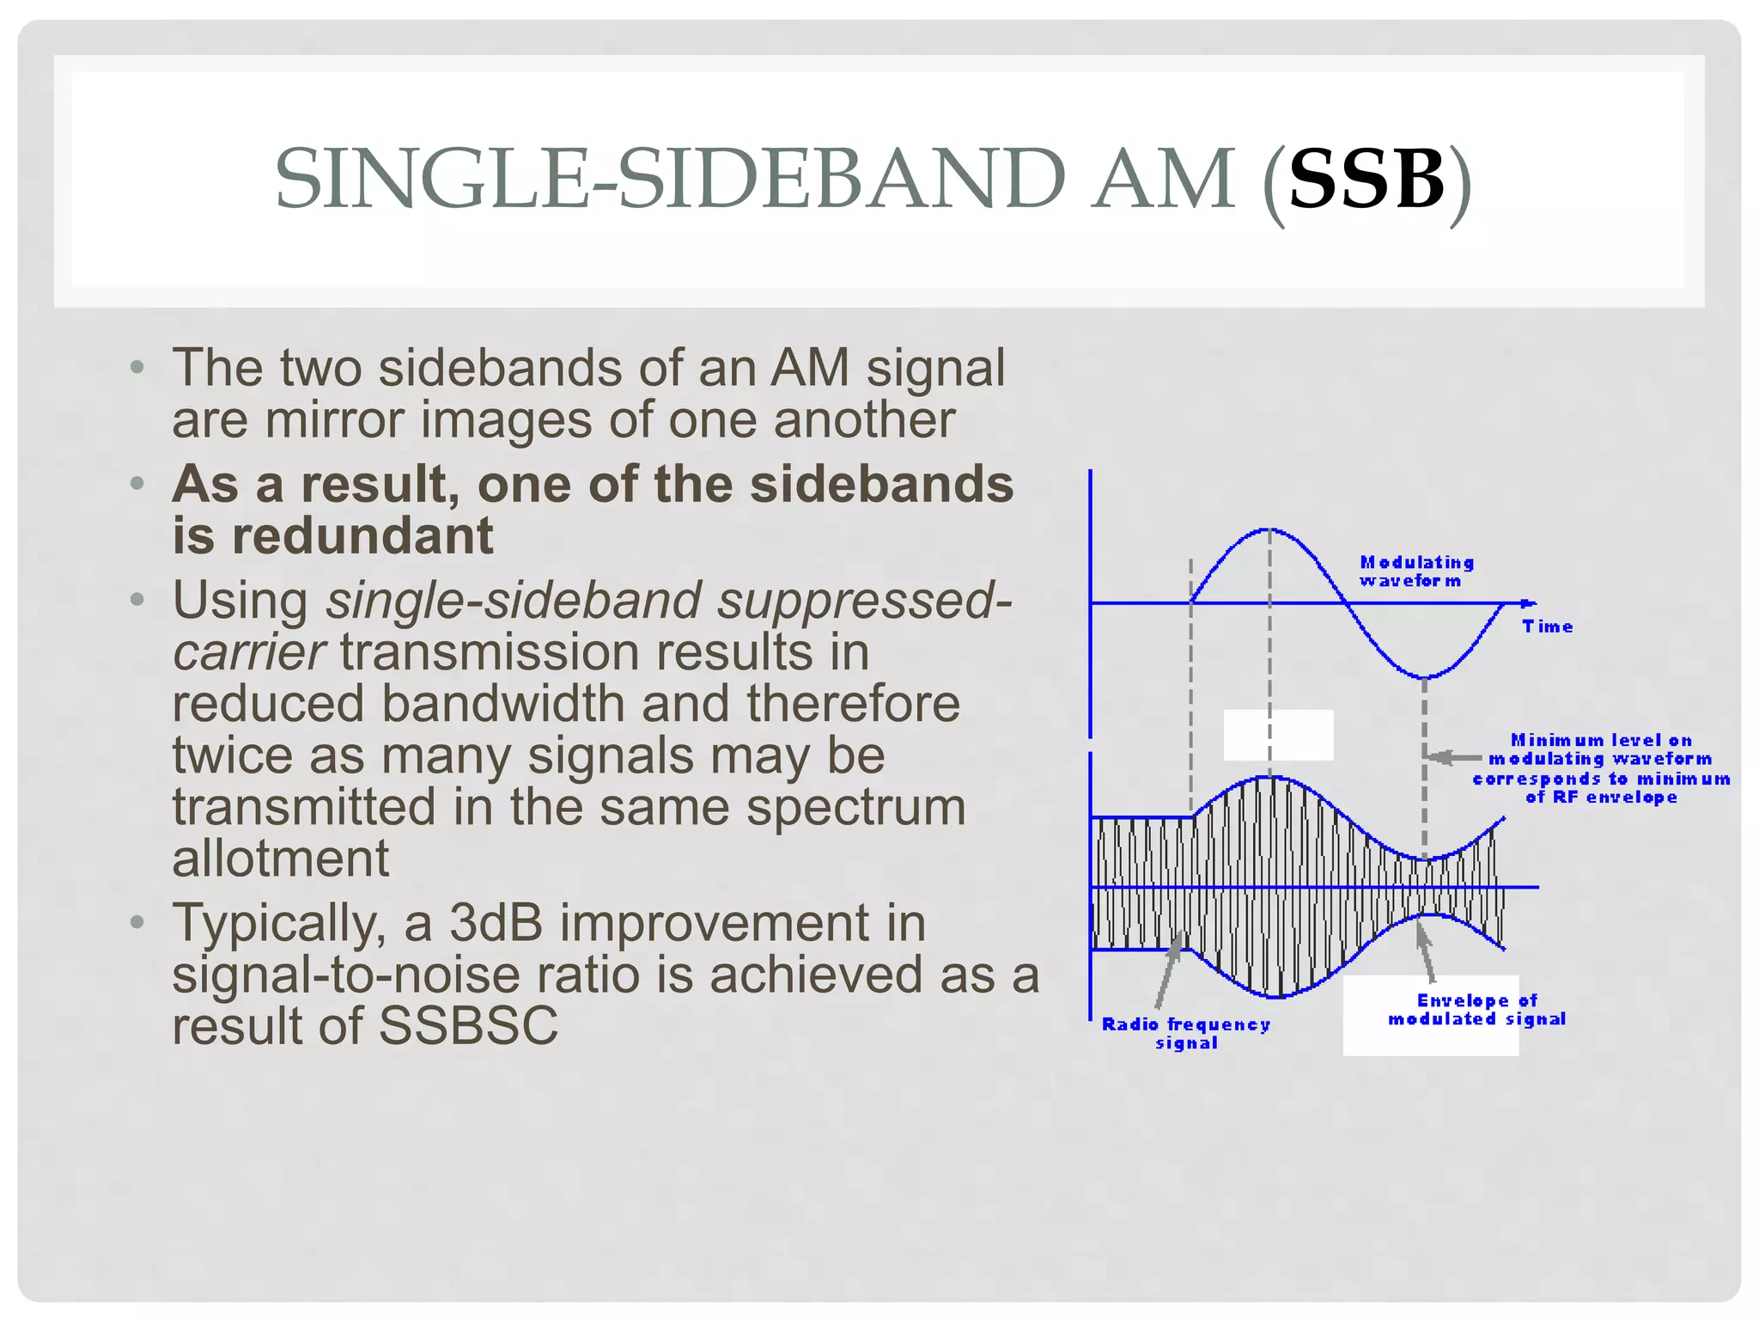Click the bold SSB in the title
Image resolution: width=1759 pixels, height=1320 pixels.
(x=1366, y=180)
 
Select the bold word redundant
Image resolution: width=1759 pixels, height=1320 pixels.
(x=362, y=536)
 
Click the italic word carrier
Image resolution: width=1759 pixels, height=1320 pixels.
(x=248, y=652)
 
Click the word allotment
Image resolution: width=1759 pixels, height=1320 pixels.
(x=280, y=859)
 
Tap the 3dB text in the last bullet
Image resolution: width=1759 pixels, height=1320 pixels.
(x=496, y=923)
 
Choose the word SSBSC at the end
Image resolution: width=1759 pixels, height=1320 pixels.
(x=468, y=1026)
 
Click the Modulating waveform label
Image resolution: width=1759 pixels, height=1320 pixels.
(x=1416, y=571)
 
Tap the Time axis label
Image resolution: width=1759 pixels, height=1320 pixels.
(x=1547, y=626)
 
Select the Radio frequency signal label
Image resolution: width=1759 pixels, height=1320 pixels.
(x=1185, y=1033)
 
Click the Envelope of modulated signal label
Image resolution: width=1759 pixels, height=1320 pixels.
(x=1476, y=1010)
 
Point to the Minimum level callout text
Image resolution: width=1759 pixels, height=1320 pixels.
(x=1600, y=768)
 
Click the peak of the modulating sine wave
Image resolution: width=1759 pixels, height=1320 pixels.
(x=1269, y=530)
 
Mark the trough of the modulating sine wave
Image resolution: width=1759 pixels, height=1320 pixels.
(x=1425, y=676)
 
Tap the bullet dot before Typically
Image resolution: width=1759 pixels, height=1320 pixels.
(x=137, y=923)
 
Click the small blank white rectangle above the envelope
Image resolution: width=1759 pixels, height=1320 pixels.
(x=1278, y=735)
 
